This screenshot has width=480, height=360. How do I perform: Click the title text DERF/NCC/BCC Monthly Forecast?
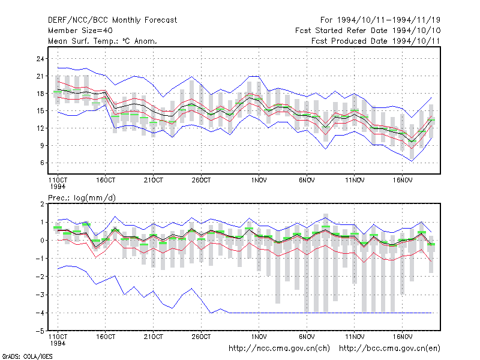(112, 20)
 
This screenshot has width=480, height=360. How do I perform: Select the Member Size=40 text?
(80, 31)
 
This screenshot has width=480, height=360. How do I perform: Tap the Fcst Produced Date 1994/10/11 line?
(376, 41)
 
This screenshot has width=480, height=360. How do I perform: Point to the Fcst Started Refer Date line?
(368, 31)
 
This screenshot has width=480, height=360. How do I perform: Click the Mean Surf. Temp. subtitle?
(103, 41)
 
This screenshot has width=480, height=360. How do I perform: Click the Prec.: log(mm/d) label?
(82, 198)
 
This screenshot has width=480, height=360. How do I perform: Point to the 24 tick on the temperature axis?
(40, 59)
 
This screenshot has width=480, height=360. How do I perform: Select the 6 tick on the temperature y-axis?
(42, 163)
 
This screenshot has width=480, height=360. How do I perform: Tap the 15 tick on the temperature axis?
(40, 111)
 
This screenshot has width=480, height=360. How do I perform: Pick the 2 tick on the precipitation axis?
(42, 204)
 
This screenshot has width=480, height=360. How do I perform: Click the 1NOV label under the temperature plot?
(259, 181)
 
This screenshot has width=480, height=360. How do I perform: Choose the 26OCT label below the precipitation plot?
(201, 337)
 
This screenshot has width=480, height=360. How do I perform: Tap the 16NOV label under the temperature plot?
(403, 181)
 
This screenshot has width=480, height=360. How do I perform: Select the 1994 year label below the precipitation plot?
(58, 343)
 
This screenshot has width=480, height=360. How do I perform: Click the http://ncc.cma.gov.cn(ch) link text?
(279, 349)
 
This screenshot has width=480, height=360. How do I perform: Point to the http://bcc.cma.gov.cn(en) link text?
(389, 349)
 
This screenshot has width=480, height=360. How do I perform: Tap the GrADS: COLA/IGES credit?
(27, 356)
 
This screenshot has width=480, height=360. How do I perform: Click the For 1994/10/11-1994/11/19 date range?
(380, 20)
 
